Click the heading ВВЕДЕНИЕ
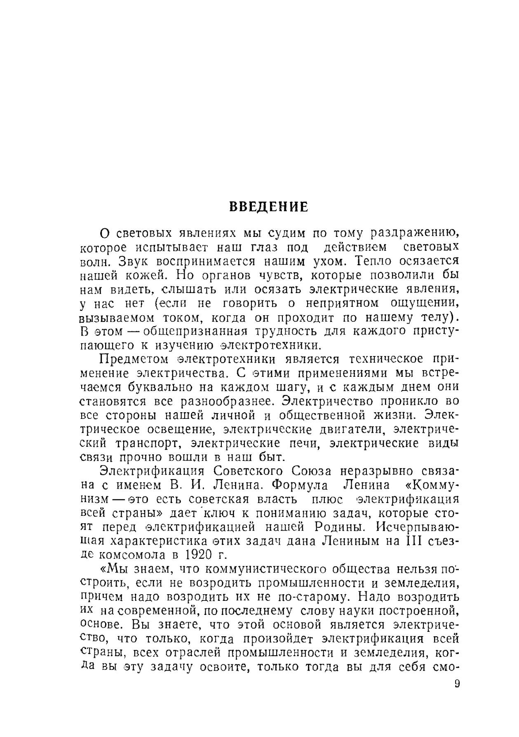click(x=268, y=206)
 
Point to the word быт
click(x=272, y=457)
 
